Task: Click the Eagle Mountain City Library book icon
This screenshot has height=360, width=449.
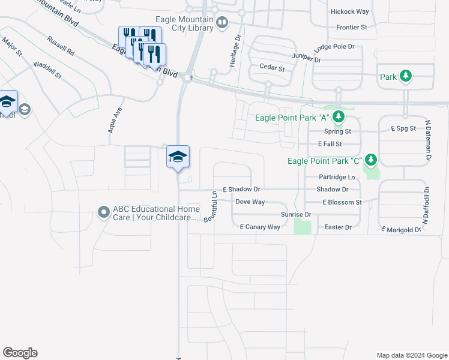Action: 222,23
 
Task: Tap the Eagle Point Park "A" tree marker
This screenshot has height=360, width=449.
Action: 339,116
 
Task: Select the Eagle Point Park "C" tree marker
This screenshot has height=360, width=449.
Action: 372,160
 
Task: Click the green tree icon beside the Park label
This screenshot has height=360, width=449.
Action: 406,76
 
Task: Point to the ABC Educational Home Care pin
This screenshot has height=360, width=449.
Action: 104,212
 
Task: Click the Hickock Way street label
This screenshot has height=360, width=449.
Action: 354,11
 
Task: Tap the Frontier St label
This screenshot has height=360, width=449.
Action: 352,27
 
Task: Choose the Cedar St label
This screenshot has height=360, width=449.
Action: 271,68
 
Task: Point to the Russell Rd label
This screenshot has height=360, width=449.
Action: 60,46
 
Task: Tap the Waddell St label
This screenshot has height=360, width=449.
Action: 47,70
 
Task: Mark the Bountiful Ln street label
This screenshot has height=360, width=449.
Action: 210,206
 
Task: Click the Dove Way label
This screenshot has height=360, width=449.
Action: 250,202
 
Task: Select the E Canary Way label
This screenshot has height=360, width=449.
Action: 260,227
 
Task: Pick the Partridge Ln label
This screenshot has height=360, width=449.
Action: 337,178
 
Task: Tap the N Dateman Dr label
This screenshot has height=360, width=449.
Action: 429,141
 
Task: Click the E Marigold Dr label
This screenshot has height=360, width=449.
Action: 400,229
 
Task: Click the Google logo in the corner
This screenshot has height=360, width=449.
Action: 20,353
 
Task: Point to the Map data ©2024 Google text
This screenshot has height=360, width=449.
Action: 411,355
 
